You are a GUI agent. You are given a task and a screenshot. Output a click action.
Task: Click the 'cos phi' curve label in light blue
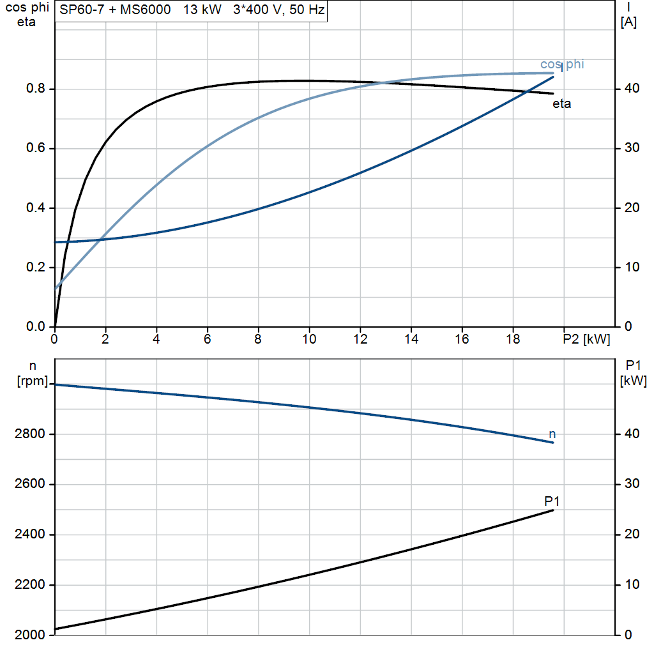coord(562,64)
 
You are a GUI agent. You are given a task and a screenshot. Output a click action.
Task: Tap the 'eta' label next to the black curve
coord(561,104)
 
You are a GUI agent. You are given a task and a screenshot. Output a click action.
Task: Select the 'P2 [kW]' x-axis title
coord(587,340)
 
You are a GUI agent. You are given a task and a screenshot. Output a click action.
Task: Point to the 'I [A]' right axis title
coord(628,15)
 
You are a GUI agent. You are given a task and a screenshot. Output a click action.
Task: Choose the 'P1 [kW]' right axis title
coord(633,373)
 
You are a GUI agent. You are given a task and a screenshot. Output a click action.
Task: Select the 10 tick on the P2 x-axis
coord(309,340)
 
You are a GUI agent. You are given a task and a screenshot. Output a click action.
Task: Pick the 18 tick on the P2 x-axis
coord(513,340)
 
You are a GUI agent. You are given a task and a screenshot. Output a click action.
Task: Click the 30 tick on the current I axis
coord(630,148)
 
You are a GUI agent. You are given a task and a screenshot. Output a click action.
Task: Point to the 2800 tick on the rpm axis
coord(30,434)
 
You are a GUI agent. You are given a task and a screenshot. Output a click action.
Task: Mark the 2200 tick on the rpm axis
coord(30,585)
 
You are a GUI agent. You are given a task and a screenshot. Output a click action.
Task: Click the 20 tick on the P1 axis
coord(630,535)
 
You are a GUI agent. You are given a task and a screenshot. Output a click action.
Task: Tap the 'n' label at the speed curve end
coord(552,434)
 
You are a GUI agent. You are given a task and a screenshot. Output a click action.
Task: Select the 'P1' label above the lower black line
coord(552,500)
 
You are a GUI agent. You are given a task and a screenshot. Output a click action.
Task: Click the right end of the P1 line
coord(552,510)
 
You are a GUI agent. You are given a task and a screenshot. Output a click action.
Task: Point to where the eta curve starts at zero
coord(56,326)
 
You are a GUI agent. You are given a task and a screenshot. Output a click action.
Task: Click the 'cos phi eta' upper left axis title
coord(26,15)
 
